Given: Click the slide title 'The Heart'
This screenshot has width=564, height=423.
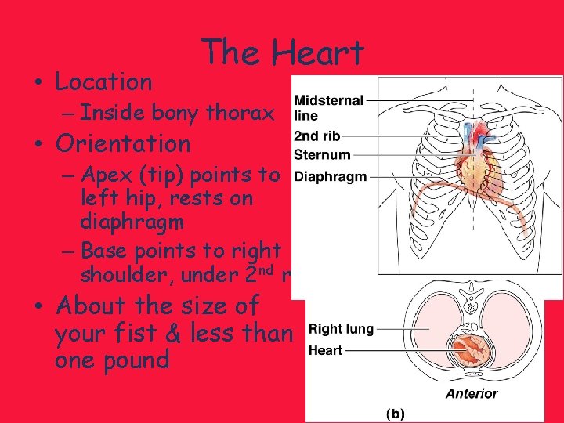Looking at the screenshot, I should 282,53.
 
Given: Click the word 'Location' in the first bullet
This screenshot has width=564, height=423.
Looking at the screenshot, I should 104,81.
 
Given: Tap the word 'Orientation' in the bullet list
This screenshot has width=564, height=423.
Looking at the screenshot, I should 123,144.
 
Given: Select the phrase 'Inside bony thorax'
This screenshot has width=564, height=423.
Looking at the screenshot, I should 177,114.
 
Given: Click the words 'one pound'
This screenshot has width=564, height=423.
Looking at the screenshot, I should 113,360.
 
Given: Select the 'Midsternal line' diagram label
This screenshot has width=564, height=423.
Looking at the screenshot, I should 328,107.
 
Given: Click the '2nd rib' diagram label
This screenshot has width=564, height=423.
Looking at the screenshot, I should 316,136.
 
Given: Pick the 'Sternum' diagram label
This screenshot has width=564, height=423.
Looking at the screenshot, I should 322,154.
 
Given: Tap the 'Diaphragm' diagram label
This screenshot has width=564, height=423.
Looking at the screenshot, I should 331,176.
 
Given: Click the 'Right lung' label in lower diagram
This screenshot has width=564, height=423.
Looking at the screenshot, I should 341,330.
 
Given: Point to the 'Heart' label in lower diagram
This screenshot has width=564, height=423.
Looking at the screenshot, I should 325,350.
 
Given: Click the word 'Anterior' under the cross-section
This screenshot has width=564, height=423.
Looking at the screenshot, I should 471,393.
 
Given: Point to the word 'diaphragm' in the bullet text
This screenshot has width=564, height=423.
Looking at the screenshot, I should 132,222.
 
